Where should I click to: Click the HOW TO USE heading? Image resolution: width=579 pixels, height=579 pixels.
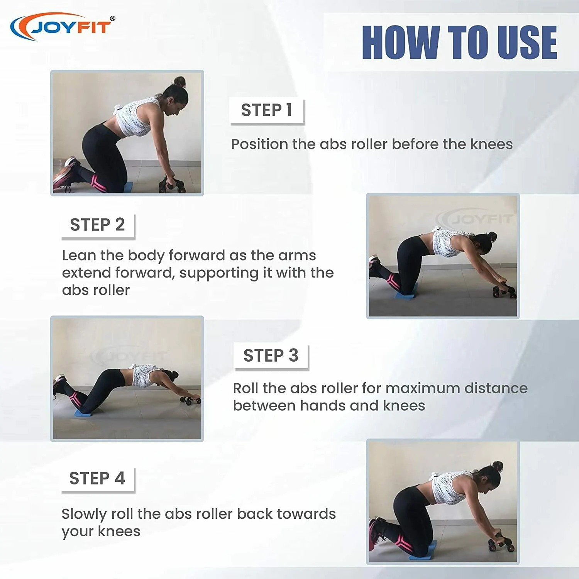[x=459, y=42]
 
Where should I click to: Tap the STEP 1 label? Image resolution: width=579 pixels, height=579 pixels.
[x=267, y=110]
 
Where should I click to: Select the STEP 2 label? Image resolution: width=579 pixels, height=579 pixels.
[x=97, y=225]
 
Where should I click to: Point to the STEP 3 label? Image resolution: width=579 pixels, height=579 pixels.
[x=271, y=356]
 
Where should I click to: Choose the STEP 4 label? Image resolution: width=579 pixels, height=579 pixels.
[x=97, y=478]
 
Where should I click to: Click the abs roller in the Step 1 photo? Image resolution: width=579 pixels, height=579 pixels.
[x=171, y=185]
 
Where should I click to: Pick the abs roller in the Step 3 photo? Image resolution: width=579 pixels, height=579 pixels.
[x=190, y=400]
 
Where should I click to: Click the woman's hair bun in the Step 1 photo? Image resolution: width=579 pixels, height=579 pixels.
[x=179, y=81]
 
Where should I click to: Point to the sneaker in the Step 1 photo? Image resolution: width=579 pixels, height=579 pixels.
[x=64, y=174]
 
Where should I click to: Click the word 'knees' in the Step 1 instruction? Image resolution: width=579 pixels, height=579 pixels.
[x=491, y=144]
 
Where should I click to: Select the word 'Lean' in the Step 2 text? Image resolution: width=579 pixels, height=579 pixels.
[x=79, y=255]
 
